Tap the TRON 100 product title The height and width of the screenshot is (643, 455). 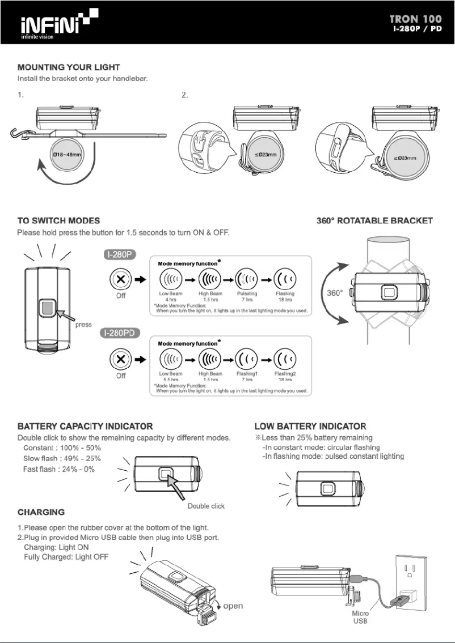pyautogui.click(x=415, y=19)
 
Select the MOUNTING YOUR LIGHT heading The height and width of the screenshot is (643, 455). pyautogui.click(x=68, y=68)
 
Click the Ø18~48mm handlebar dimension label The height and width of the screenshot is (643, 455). pyautogui.click(x=67, y=154)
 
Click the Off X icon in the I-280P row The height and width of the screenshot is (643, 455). pyautogui.click(x=120, y=280)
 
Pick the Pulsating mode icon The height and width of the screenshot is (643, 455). pyautogui.click(x=247, y=280)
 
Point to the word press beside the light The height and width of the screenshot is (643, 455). pyautogui.click(x=83, y=325)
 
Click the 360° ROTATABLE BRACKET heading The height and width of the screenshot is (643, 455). pyautogui.click(x=374, y=220)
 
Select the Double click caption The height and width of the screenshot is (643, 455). pyautogui.click(x=206, y=506)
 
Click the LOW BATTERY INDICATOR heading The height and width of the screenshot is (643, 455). pyautogui.click(x=310, y=426)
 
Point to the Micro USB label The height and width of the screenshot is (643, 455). pyautogui.click(x=360, y=617)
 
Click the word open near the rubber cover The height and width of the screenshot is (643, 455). pyautogui.click(x=233, y=606)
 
